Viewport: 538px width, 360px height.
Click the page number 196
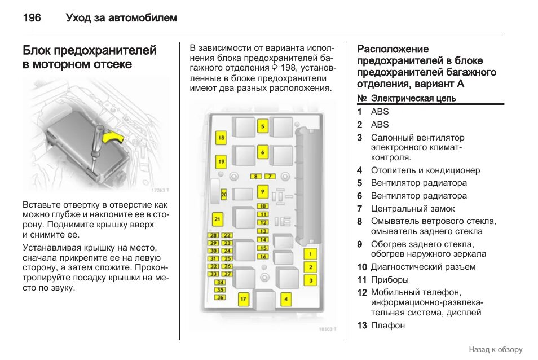(x=32, y=18)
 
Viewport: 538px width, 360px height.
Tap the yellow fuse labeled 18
(x=221, y=138)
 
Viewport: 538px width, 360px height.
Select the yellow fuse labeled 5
(x=262, y=127)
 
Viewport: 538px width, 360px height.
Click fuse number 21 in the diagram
(x=218, y=219)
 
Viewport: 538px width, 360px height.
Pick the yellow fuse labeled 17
(x=243, y=298)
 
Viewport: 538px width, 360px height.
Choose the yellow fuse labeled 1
(x=310, y=254)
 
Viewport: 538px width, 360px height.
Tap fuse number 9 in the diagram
(x=262, y=191)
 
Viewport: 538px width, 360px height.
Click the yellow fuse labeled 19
(x=221, y=162)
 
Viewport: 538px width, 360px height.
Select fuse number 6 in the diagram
(x=262, y=152)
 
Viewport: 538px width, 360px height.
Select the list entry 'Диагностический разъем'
(x=423, y=267)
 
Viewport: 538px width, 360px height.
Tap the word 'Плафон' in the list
(x=388, y=326)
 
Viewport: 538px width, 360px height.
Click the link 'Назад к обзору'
(x=495, y=350)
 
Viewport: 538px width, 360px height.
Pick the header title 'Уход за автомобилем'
(x=121, y=18)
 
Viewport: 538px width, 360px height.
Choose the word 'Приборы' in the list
(x=390, y=280)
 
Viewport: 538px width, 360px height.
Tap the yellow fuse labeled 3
(x=310, y=280)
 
